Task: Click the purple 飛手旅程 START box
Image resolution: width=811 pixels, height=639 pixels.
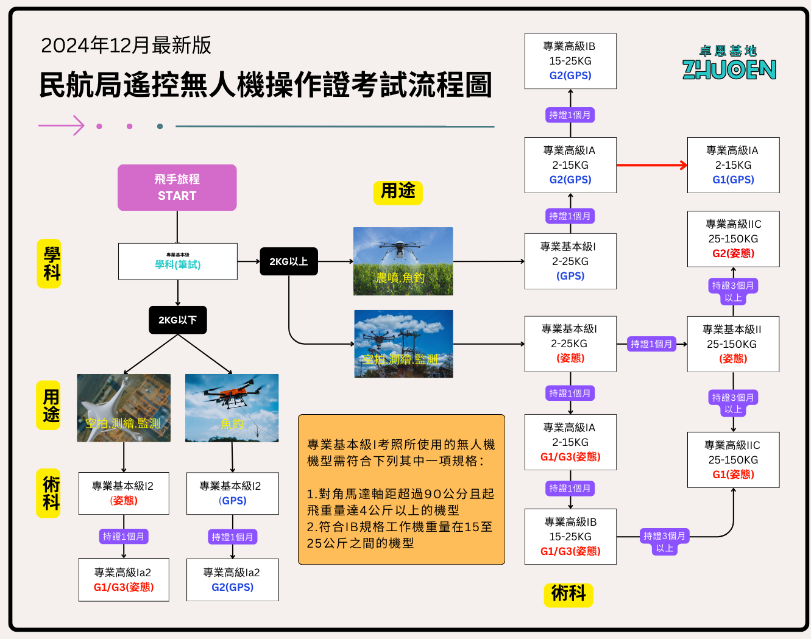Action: click(177, 188)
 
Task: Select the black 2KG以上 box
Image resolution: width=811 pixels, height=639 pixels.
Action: click(288, 261)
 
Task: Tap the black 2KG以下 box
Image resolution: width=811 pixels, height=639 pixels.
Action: click(177, 320)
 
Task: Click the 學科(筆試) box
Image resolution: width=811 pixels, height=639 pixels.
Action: click(177, 261)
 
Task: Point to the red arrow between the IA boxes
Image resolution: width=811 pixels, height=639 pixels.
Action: click(651, 165)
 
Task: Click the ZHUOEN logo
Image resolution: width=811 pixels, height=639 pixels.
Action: click(729, 63)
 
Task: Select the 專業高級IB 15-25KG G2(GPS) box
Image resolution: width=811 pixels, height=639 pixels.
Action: click(570, 61)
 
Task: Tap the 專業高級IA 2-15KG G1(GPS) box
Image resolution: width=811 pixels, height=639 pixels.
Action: click(733, 165)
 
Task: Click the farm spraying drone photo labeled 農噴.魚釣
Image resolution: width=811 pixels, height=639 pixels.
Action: click(403, 261)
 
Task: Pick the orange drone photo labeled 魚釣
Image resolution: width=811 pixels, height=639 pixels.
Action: click(232, 408)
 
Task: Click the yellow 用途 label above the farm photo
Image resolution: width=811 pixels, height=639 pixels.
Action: click(397, 192)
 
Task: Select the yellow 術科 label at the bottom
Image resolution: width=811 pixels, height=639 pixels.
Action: click(568, 594)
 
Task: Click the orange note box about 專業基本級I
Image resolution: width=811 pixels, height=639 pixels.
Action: click(401, 490)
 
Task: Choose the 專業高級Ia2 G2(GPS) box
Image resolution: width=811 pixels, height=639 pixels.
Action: click(232, 580)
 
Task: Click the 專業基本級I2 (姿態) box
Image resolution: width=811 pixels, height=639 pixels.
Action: click(123, 493)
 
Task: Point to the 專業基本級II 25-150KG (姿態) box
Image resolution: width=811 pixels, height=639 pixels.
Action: click(732, 344)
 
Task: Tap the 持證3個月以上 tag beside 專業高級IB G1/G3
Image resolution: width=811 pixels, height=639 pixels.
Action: click(664, 542)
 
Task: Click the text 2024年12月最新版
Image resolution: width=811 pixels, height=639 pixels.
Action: click(126, 45)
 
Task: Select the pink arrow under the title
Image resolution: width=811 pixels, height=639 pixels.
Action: click(62, 125)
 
